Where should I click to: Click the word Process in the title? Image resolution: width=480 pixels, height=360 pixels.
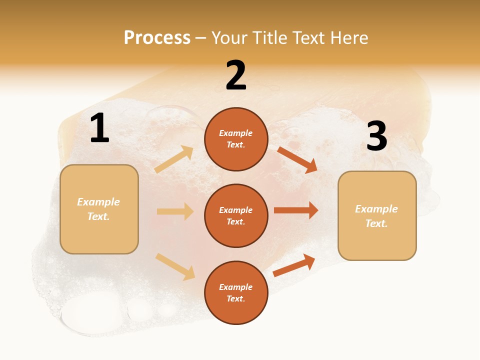(x=157, y=38)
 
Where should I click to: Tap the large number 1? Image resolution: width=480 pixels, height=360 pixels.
(x=99, y=128)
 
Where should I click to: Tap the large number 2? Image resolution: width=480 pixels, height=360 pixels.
(x=236, y=75)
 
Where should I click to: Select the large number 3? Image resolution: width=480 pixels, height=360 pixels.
(x=376, y=136)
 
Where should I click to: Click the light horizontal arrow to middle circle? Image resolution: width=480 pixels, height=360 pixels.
(x=175, y=211)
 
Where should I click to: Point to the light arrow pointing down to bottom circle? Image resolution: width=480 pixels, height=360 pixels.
(x=175, y=266)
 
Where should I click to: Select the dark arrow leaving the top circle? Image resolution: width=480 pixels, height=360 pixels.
(x=297, y=160)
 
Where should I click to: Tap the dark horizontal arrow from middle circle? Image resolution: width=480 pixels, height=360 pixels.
(x=296, y=210)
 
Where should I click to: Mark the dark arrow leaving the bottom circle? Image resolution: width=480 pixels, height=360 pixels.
(x=294, y=265)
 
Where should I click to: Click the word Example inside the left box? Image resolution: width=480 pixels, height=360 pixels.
(x=98, y=202)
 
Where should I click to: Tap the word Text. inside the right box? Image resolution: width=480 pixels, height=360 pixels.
(x=376, y=223)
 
